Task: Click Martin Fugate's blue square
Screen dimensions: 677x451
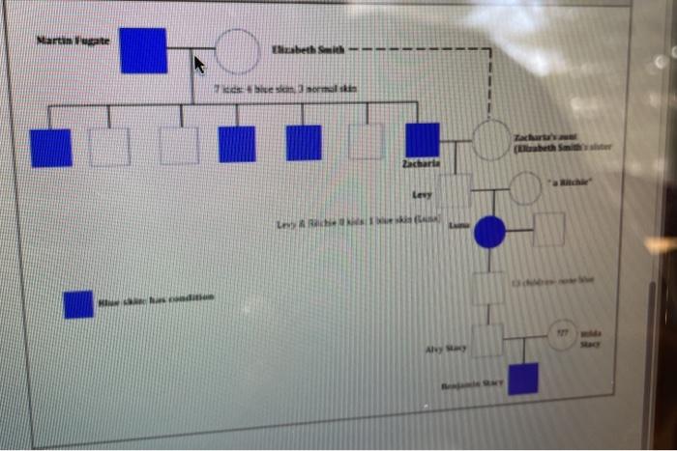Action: pos(143,50)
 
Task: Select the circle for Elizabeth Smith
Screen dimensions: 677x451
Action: pos(236,52)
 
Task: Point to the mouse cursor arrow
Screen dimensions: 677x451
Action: pos(199,65)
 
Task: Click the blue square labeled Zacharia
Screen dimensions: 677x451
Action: pos(422,140)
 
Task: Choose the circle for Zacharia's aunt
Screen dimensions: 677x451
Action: pos(491,141)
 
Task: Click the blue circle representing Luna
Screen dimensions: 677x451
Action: pos(490,232)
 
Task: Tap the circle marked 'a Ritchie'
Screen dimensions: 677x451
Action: pos(525,188)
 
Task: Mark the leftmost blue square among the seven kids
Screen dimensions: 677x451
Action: pos(50,147)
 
